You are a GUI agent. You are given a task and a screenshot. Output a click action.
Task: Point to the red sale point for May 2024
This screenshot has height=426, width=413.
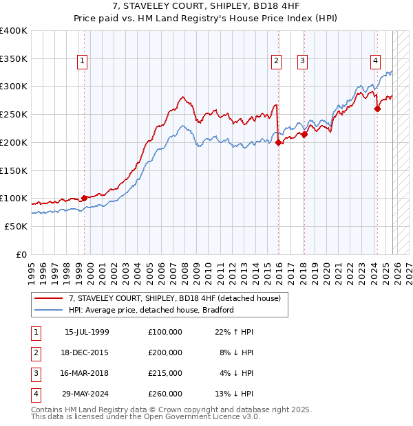coord(377,109)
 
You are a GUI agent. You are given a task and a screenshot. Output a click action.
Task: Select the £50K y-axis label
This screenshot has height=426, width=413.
coord(16,226)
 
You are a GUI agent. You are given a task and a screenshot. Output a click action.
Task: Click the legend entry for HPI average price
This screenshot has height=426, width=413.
coord(151,310)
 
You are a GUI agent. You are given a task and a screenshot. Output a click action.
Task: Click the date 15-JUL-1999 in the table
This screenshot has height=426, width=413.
coord(87,332)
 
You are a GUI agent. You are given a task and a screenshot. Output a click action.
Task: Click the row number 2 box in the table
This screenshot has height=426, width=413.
coord(35,352)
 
